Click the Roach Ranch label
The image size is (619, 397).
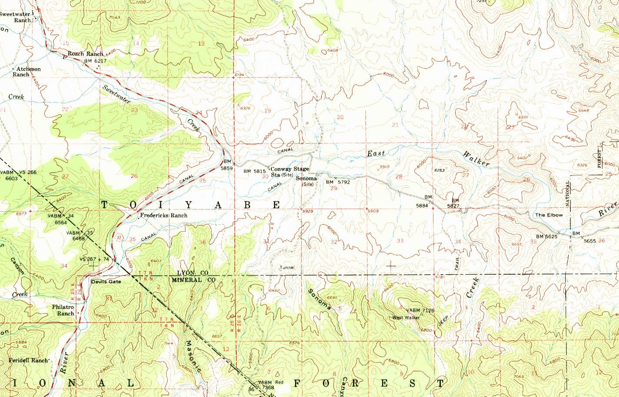pyautogui.click(x=85, y=54)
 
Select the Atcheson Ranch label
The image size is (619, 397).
pyautogui.click(x=26, y=72)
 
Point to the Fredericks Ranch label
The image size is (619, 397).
pyautogui.click(x=163, y=215)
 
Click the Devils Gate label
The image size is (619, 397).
pyautogui.click(x=106, y=282)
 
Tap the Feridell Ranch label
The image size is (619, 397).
pyautogui.click(x=28, y=361)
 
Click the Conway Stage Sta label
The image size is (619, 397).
pyautogui.click(x=290, y=172)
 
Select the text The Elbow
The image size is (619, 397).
pyautogui.click(x=549, y=215)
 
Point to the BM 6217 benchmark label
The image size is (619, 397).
pyautogui.click(x=95, y=61)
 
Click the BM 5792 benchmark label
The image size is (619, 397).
pyautogui.click(x=338, y=182)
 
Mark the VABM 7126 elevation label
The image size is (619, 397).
pyautogui.click(x=420, y=310)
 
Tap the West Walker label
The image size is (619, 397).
pyautogui.click(x=406, y=318)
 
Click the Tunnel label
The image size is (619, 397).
pyautogui.click(x=287, y=268)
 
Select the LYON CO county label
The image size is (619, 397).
pyautogui.click(x=192, y=273)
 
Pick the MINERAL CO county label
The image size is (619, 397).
pyautogui.click(x=193, y=280)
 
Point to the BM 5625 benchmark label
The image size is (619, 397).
pyautogui.click(x=546, y=236)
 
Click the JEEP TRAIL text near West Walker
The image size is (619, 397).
pyautogui.click(x=443, y=320)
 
